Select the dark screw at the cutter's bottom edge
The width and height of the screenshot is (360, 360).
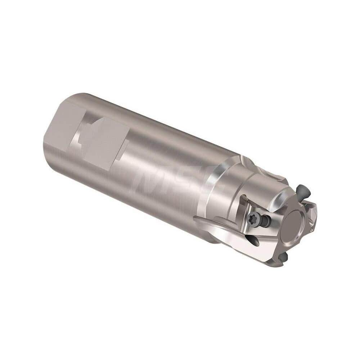[283, 256]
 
